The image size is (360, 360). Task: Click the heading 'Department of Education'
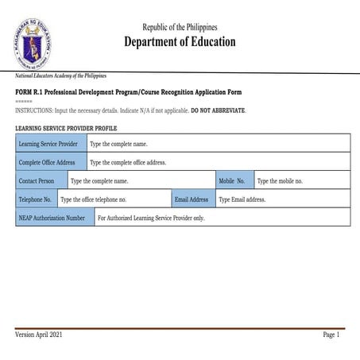tap(180, 42)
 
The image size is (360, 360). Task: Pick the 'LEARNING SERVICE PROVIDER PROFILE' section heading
tap(65, 127)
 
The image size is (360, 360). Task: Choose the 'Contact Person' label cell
tap(41, 181)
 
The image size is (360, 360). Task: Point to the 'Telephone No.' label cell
tap(36, 199)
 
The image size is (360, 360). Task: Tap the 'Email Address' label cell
tap(192, 199)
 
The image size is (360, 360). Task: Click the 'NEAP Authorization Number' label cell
tap(54, 217)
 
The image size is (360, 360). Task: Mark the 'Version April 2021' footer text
tap(39, 335)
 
